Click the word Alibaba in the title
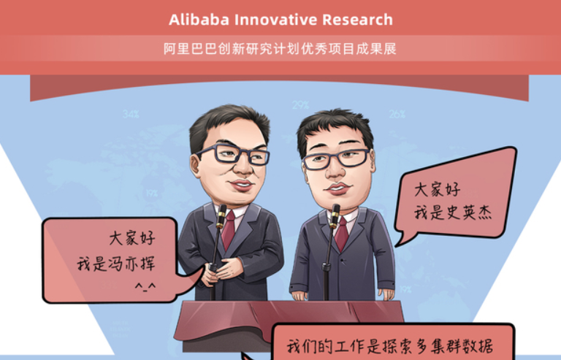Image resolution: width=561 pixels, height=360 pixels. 199,20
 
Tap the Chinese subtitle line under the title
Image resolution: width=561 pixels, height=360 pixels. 280,49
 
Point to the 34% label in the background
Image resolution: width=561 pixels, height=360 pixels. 131,114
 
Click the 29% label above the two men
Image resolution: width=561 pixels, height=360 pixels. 300,105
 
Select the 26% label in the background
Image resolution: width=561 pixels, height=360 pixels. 397,114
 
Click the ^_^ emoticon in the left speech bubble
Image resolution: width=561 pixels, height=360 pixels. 145,286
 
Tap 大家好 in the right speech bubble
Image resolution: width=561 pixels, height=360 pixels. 438,189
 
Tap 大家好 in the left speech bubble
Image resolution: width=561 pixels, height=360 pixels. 132,238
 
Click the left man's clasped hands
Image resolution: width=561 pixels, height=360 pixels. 219,271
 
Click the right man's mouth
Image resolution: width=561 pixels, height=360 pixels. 337,188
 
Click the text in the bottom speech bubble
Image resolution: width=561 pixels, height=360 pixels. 390,346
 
